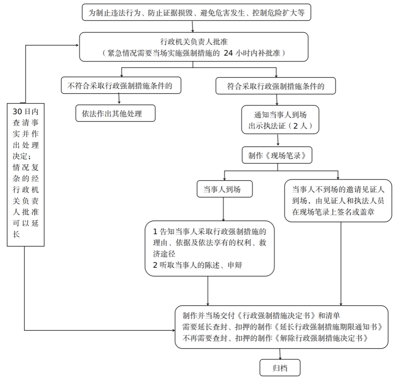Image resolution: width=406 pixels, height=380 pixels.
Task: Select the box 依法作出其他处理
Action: pyautogui.click(x=115, y=114)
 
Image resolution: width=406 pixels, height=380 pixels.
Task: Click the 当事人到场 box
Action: pyautogui.click(x=224, y=189)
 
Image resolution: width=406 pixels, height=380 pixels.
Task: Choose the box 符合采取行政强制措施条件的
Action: pyautogui.click(x=276, y=87)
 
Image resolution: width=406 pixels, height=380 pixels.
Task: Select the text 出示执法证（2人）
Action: pyautogui.click(x=280, y=126)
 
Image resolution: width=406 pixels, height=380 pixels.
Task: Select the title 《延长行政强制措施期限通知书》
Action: pyautogui.click(x=330, y=327)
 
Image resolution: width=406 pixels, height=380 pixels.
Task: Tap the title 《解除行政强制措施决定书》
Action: pyautogui.click(x=321, y=338)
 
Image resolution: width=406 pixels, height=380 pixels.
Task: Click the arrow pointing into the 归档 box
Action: pyautogui.click(x=280, y=355)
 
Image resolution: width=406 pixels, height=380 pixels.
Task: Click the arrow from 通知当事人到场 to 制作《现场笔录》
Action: pyautogui.click(x=278, y=141)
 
